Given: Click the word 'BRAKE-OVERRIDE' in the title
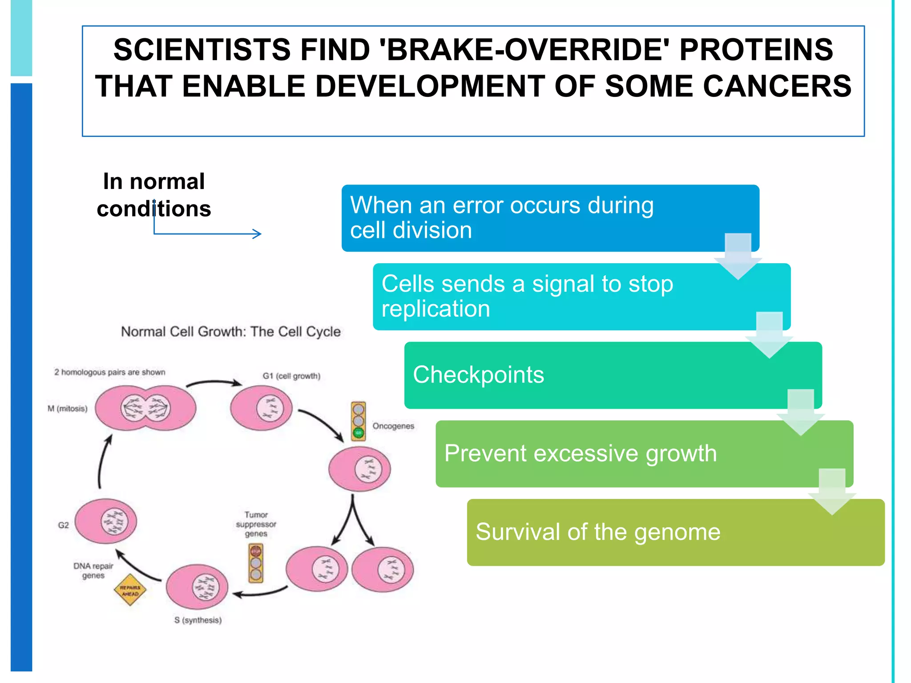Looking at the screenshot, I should [528, 49].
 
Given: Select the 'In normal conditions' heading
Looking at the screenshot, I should [154, 195].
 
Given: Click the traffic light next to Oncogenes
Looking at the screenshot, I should [358, 421].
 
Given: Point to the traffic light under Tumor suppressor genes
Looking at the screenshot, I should [256, 563].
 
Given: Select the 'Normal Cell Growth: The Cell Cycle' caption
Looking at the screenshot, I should [231, 332].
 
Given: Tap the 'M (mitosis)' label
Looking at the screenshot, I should [68, 409].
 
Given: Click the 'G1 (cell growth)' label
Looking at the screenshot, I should [291, 376].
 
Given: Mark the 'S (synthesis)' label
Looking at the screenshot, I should [198, 620].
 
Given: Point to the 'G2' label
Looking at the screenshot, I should [64, 525].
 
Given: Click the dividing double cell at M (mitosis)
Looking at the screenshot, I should [145, 408].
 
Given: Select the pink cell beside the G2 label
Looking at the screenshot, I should [106, 521].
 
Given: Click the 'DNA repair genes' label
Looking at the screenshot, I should [93, 571].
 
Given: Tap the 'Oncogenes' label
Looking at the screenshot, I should [393, 426].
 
